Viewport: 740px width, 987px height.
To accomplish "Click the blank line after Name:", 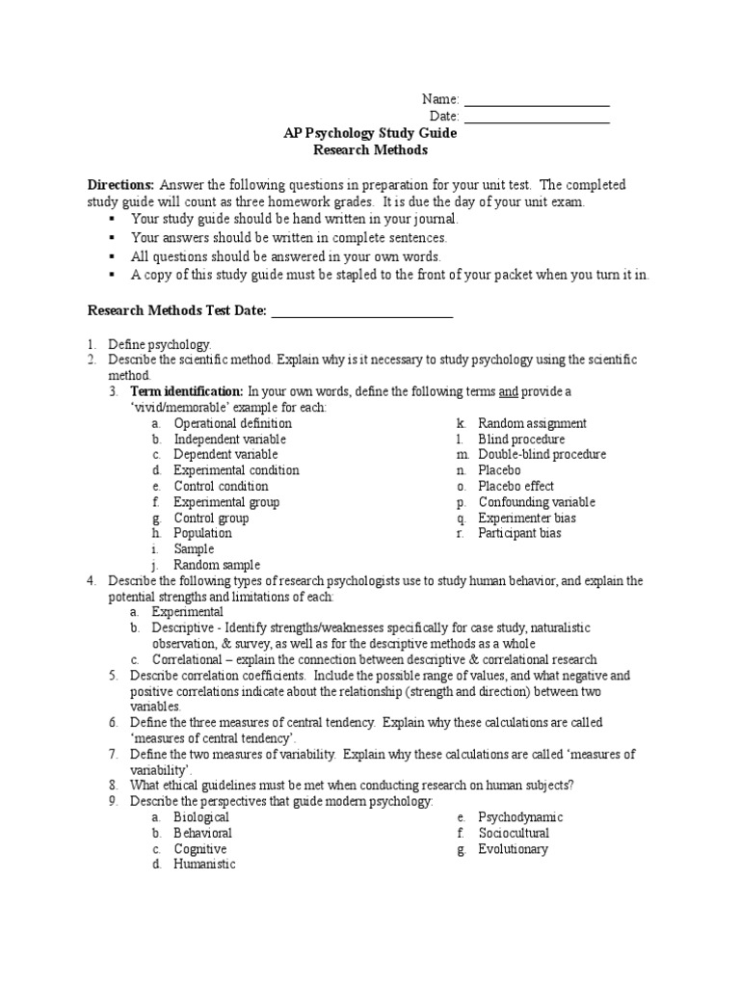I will point(537,103).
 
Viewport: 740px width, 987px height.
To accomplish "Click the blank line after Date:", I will point(537,120).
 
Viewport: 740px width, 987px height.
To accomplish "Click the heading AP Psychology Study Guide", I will point(370,134).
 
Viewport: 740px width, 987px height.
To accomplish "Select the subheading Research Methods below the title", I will point(370,150).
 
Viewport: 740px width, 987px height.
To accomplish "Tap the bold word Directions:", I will point(120,184).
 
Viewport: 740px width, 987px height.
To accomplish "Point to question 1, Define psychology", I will point(159,344).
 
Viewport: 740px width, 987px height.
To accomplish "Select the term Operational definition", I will point(232,423).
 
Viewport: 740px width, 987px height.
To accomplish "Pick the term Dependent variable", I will point(225,454).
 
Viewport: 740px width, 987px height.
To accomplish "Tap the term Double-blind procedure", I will point(542,454).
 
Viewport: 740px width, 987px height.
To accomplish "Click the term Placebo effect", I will point(516,486).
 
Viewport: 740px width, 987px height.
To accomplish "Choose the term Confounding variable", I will point(537,502).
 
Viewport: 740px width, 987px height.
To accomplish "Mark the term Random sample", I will point(217,565).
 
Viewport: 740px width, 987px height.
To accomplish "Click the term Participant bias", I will point(519,533).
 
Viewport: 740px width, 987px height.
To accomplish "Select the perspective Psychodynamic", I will point(520,817).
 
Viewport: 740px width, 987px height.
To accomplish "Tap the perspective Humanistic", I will point(204,865).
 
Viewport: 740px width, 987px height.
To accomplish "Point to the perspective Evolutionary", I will point(513,849).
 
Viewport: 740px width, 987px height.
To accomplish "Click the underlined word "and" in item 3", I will point(509,391).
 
